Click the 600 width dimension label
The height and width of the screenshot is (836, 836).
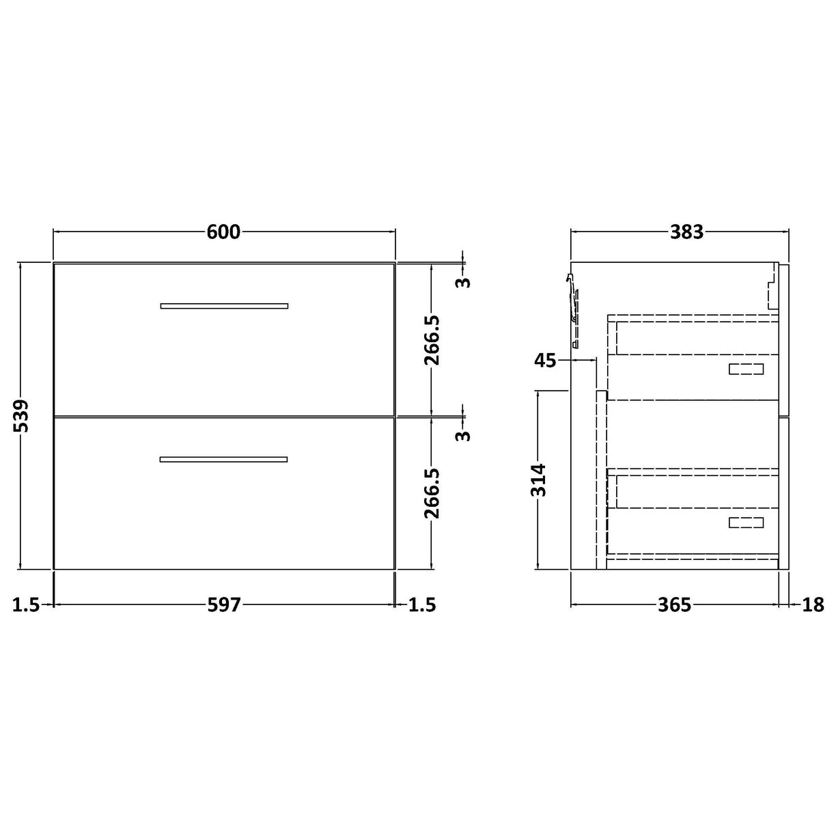224,232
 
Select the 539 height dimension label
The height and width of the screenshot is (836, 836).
22,416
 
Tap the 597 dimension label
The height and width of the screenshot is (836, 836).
224,604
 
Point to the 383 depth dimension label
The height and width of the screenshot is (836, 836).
686,232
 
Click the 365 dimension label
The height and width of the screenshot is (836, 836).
675,604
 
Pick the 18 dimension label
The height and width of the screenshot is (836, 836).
813,604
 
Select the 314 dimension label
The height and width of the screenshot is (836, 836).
539,479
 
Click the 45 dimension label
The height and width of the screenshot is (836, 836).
546,360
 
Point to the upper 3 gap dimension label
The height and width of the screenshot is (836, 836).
464,281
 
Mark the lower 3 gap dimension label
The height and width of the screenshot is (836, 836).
464,434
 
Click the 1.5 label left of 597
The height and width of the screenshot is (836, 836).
26,604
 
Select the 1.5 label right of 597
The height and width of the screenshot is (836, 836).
421,604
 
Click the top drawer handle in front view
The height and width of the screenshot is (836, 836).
224,305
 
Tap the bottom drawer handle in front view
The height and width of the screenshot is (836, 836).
224,459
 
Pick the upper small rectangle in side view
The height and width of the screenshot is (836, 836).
746,370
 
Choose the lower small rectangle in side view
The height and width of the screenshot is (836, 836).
746,522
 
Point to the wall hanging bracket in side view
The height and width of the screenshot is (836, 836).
572,301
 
